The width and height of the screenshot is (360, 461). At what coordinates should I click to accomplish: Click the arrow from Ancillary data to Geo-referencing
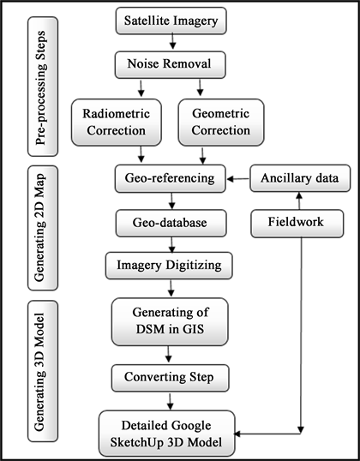pos(235,180)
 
